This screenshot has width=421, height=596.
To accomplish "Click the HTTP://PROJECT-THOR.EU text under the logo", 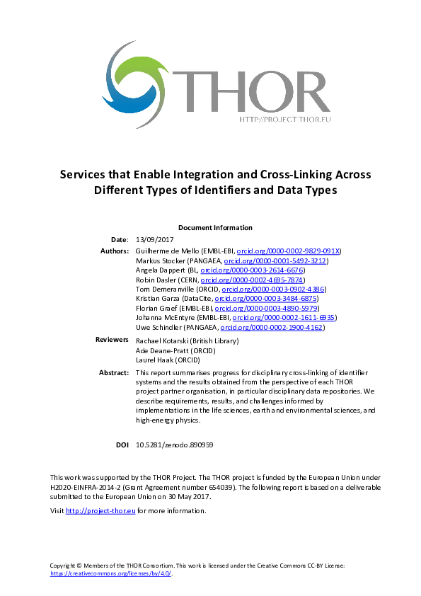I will (285, 120).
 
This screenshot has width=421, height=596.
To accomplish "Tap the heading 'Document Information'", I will (215, 228).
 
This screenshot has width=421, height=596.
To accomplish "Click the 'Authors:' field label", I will (115, 251).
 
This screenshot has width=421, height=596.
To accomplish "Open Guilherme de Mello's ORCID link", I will (289, 251).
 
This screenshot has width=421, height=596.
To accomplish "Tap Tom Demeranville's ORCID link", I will (273, 290).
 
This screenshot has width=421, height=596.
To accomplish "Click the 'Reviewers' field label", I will (112, 340).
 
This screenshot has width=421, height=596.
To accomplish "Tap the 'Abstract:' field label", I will (114, 372).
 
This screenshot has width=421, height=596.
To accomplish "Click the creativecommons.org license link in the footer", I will (111, 573).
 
